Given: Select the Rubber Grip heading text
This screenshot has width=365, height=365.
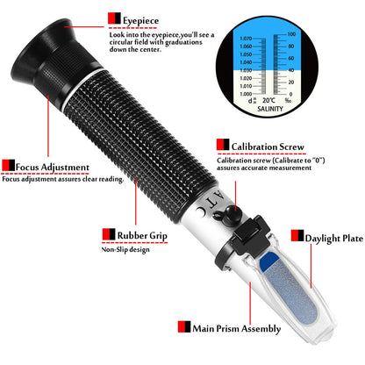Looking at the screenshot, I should [x=140, y=234].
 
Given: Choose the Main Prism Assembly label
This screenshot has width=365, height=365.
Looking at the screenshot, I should [x=235, y=328].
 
